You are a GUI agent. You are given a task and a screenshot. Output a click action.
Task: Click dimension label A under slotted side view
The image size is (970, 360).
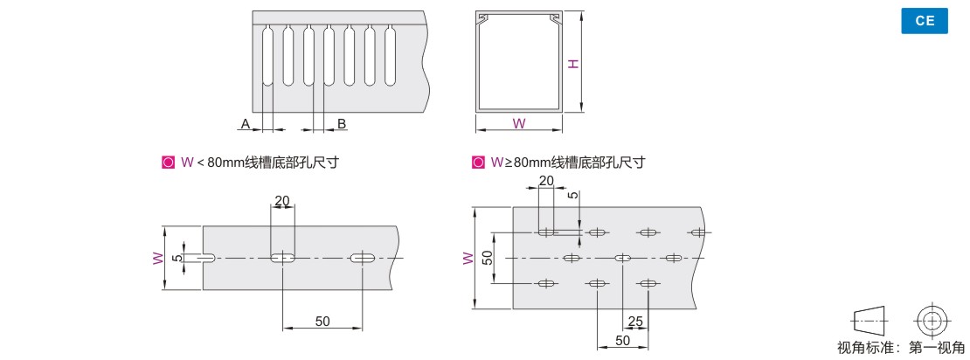pyautogui.click(x=246, y=124)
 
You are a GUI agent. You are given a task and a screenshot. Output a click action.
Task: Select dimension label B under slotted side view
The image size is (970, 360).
pyautogui.click(x=342, y=124)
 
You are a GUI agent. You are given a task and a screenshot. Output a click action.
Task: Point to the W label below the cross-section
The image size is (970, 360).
pyautogui.click(x=519, y=123)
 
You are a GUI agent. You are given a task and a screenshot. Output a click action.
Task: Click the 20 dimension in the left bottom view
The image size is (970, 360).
pyautogui.click(x=282, y=201)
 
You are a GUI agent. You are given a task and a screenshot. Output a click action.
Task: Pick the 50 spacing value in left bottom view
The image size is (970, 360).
pyautogui.click(x=322, y=321)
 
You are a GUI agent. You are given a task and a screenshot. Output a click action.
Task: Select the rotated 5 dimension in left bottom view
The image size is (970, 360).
pyautogui.click(x=176, y=258)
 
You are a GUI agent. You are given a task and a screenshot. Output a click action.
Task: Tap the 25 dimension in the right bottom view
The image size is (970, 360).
pyautogui.click(x=635, y=322)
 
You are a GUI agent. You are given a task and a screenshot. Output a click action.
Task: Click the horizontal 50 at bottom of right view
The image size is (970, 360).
pyautogui.click(x=623, y=340)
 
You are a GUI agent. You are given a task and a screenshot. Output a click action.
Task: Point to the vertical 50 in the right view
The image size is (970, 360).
pyautogui.click(x=488, y=258)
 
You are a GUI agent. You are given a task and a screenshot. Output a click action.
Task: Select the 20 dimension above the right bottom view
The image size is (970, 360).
pyautogui.click(x=546, y=181)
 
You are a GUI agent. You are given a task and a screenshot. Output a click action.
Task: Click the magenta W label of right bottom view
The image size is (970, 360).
pyautogui.click(x=468, y=258)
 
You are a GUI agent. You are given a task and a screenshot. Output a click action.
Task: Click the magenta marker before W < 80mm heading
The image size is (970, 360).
pyautogui.click(x=169, y=162)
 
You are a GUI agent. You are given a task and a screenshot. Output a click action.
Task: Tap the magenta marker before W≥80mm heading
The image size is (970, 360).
pyautogui.click(x=478, y=162)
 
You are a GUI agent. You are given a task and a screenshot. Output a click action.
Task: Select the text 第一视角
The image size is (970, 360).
pyautogui.click(x=937, y=348)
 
